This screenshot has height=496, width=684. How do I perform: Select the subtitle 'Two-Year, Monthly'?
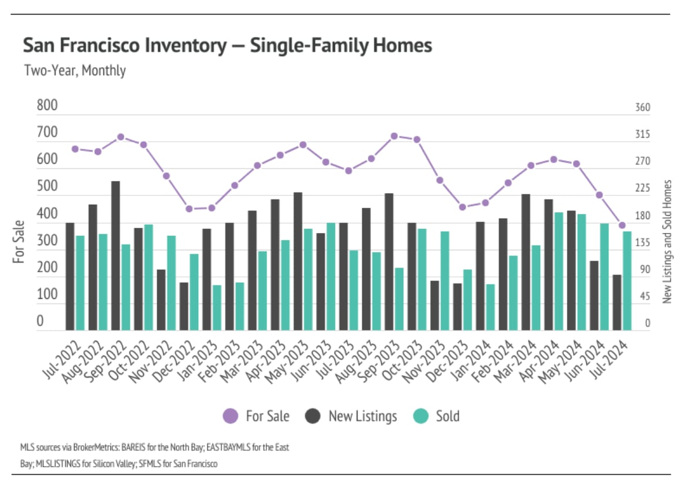pos(75,71)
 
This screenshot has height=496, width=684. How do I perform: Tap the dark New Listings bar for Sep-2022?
pos(116,256)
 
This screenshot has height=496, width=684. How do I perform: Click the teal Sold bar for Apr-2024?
pos(559,271)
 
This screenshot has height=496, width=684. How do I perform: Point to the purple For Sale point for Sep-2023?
pos(394,136)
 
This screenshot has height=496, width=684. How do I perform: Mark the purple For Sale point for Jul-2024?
pos(622,225)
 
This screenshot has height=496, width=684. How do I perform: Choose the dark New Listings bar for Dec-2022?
pos(184,306)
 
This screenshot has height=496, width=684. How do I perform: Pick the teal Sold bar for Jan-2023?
pos(217,308)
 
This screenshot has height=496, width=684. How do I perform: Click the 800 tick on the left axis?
pos(47,106)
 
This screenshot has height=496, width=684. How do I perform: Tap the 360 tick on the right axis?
pos(643,108)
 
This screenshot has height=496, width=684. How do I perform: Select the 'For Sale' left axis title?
pos(19,242)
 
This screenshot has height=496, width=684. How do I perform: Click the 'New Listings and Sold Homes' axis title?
pos(668,242)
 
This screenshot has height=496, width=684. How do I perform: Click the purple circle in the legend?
pos(231,416)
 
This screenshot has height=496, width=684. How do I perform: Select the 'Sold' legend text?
pos(448,416)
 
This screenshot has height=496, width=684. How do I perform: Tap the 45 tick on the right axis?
pos(643,297)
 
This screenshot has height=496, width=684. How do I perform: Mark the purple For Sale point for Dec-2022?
pos(188,209)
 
